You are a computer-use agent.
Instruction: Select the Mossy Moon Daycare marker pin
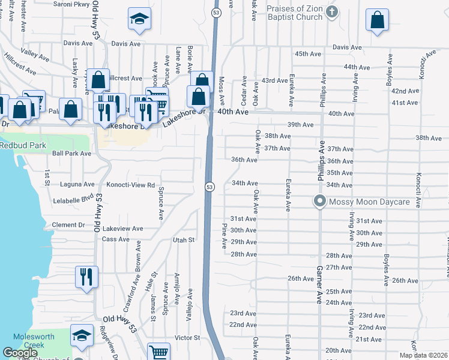click(320, 202)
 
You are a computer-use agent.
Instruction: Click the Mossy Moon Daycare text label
click(373, 202)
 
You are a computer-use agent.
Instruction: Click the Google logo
click(20, 353)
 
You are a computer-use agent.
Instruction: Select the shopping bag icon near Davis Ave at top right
click(377, 20)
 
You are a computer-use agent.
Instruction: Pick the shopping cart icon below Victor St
click(158, 352)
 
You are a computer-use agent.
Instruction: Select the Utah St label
click(184, 240)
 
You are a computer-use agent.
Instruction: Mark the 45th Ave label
click(308, 54)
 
